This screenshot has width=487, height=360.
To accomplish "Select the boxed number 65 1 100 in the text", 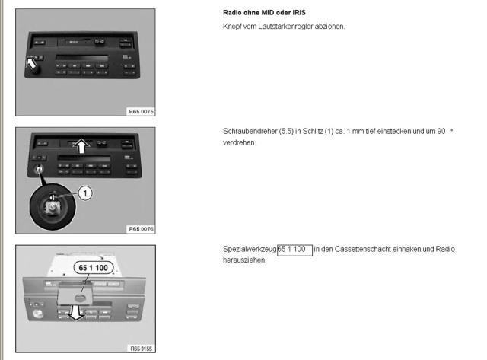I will coord(294,249).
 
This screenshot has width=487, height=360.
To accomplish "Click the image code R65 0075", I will coord(141,110).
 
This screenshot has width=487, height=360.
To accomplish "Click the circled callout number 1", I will coord(86,193).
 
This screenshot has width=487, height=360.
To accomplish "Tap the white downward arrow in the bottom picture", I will coord(75,311).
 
